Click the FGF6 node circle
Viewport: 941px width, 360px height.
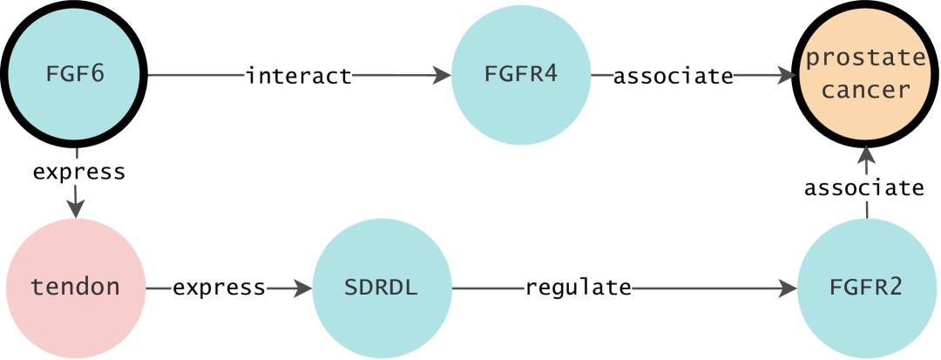pos(75,75)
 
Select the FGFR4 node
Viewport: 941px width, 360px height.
pos(520,75)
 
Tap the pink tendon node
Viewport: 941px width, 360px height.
pos(75,287)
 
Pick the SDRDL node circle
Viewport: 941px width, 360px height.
pos(382,287)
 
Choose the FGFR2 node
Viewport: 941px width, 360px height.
pos(866,287)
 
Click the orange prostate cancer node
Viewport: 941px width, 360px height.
pos(866,75)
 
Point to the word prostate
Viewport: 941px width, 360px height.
pos(866,59)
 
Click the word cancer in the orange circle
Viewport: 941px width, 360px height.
pos(866,91)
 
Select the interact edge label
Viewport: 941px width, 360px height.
pos(299,76)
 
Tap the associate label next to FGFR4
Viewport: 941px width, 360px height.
pos(673,76)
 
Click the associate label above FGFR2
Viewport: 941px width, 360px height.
pos(863,187)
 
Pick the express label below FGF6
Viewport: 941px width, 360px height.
pos(79,172)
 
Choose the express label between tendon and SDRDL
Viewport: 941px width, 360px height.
pos(219,287)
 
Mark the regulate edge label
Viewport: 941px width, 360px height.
pos(578,287)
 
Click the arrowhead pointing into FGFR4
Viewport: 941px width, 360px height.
pos(441,76)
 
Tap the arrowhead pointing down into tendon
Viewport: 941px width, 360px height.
pos(77,208)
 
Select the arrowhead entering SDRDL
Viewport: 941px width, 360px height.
pos(302,287)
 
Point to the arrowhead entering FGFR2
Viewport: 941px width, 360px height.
pos(787,287)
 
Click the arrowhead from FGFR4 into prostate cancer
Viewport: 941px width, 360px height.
pos(789,76)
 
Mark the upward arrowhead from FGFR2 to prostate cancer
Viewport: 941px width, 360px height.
pos(866,157)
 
